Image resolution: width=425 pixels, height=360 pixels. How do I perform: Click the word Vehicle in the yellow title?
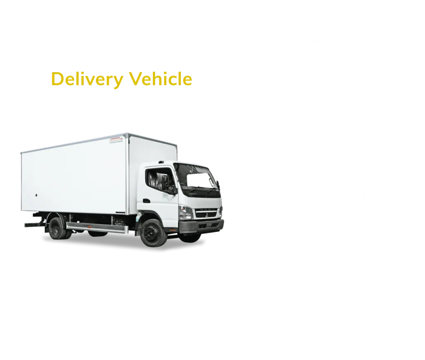(159, 79)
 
